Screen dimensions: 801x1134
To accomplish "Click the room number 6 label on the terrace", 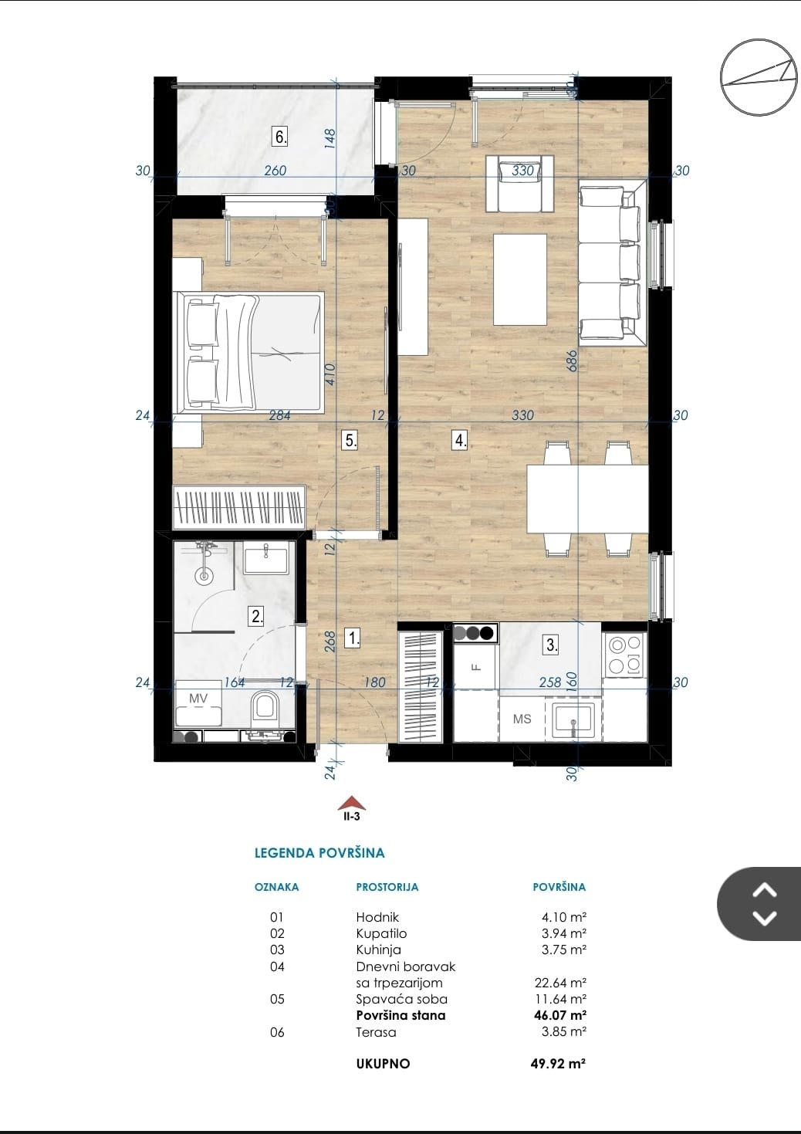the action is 280,137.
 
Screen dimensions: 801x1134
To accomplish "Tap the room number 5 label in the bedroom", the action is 350,440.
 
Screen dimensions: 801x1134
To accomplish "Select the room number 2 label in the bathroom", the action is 256,616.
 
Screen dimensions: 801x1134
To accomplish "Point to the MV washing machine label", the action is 198,698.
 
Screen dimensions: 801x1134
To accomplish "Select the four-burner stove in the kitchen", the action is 625,655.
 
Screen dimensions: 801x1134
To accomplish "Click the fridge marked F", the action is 474,665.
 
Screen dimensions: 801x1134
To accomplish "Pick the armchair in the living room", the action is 519,183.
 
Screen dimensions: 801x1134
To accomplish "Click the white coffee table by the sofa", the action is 520,279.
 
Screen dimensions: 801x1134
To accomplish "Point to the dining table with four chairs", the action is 587,499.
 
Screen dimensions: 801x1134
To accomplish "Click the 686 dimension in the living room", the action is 572,361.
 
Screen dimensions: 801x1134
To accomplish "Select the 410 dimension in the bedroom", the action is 330,374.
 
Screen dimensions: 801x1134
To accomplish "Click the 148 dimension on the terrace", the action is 330,138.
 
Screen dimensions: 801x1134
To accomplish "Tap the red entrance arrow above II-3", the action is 352,804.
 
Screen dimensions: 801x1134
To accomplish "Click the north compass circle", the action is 759,77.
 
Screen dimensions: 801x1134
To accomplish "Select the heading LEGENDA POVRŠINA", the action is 319,853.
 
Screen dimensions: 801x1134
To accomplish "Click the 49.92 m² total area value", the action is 558,1063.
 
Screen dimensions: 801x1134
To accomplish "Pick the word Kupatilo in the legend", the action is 381,933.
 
